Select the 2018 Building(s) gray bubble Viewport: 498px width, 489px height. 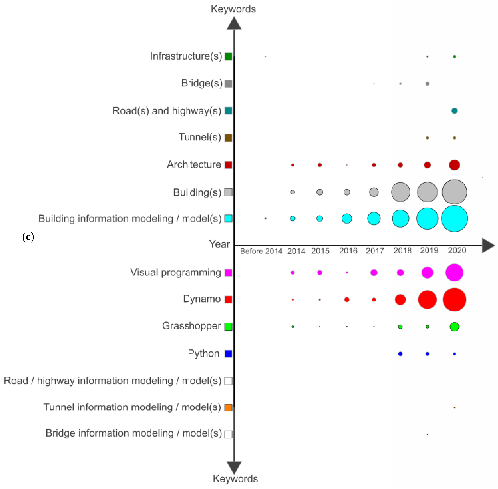tap(400, 192)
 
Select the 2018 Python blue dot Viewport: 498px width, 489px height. tap(400, 354)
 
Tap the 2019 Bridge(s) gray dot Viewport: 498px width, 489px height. tap(427, 84)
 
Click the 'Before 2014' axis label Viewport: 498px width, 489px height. tap(261, 251)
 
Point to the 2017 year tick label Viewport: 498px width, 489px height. tap(375, 251)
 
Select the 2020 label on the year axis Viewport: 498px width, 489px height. tap(457, 250)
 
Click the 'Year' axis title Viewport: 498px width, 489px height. tap(219, 244)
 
